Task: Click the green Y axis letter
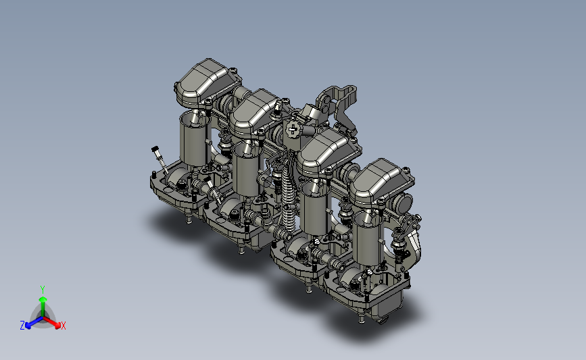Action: coord(43,290)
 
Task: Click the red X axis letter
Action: coord(63,326)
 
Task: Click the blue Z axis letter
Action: coord(22,326)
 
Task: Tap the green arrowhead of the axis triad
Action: coord(43,299)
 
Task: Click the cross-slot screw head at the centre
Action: coord(292,130)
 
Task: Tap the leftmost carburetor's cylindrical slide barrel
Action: coord(193,139)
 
